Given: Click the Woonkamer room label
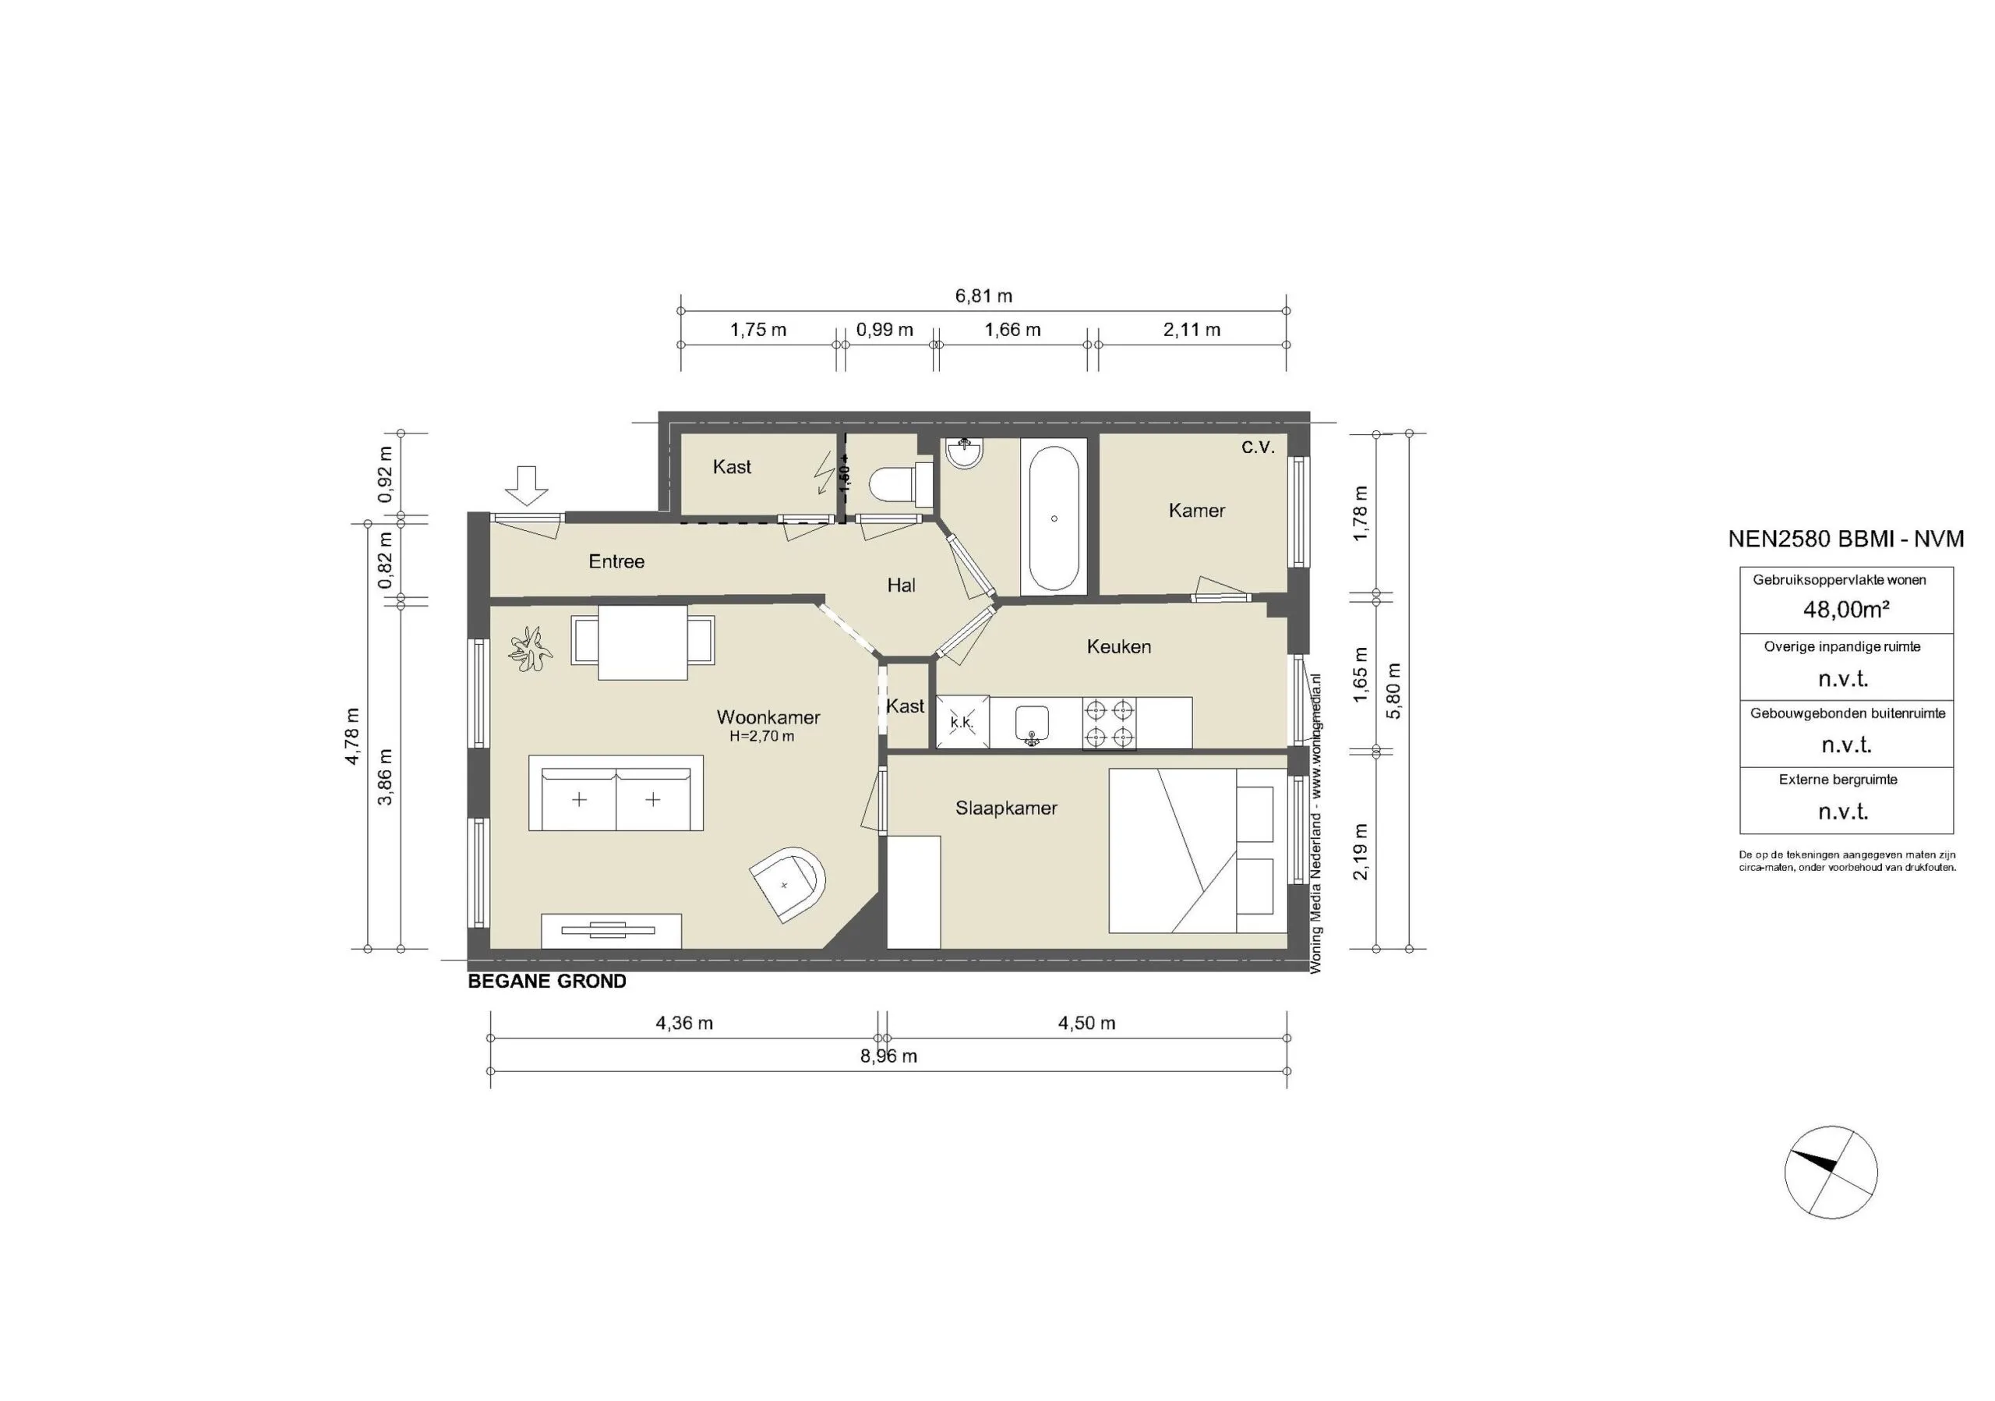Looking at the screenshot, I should click(768, 717).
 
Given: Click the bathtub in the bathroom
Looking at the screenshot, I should click(1054, 519).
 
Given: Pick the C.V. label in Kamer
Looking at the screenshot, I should click(1257, 448).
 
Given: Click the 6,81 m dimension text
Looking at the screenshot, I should click(983, 295).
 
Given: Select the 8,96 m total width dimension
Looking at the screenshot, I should click(889, 1056).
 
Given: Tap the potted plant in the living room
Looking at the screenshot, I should click(531, 649).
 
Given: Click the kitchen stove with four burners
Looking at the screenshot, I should click(1110, 723).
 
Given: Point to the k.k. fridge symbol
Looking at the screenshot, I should click(962, 721).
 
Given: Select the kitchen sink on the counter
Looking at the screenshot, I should click(1033, 723).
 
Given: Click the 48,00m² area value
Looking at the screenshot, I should click(1845, 609).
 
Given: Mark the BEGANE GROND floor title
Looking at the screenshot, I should click(546, 982).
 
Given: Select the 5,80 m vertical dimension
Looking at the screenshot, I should click(1393, 691).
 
